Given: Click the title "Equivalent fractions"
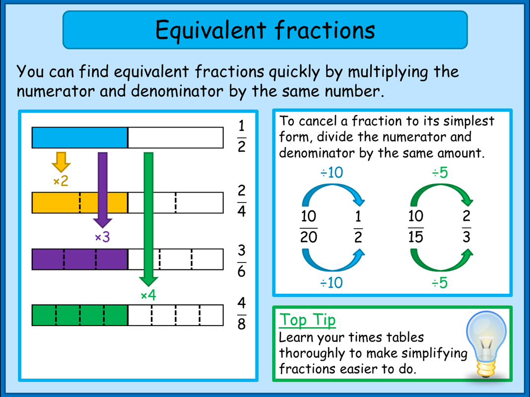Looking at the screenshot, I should tap(265, 30).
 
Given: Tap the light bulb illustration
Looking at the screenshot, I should tap(487, 345).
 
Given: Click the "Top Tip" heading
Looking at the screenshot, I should tap(307, 320).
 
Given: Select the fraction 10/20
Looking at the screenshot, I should tap(308, 227).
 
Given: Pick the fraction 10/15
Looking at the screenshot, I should tap(415, 227).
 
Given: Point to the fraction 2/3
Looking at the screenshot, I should tap(466, 227).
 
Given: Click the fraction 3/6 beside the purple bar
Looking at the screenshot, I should tap(241, 261).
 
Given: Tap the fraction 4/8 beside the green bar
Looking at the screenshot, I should tap(241, 314).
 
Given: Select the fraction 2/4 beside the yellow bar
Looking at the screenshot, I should tap(241, 201).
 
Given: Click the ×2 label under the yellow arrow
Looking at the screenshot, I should tap(61, 182).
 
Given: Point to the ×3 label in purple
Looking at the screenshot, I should tap(102, 238).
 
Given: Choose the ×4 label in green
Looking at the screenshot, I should tap(148, 296).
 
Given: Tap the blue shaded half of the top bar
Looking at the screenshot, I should tap(79, 138).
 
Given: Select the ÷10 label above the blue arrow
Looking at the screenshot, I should tap(331, 173).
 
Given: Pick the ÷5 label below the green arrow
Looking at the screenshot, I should tap(439, 283).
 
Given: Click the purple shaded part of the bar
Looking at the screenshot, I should tap(79, 259).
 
